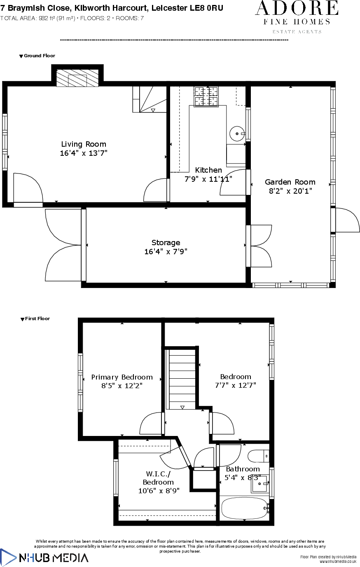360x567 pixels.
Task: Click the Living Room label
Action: point(84,144)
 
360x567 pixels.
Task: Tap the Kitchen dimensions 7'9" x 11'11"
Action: point(208,179)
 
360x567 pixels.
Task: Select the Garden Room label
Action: point(290,182)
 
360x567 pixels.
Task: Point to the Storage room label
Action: point(166,243)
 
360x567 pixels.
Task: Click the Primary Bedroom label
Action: point(122,377)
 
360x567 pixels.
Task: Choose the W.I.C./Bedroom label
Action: point(158,478)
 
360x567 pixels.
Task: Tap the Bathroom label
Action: point(243,469)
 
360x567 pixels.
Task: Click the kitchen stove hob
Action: point(206,96)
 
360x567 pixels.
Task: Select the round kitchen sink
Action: point(237,134)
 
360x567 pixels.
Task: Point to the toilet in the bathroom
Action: point(257,456)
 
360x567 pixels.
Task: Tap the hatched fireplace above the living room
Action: point(77,78)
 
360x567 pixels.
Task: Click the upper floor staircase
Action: point(182,379)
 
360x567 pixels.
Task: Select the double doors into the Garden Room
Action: point(261,246)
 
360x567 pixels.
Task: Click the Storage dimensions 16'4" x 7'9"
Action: point(166,252)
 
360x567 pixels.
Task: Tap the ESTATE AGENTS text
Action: point(297,32)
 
